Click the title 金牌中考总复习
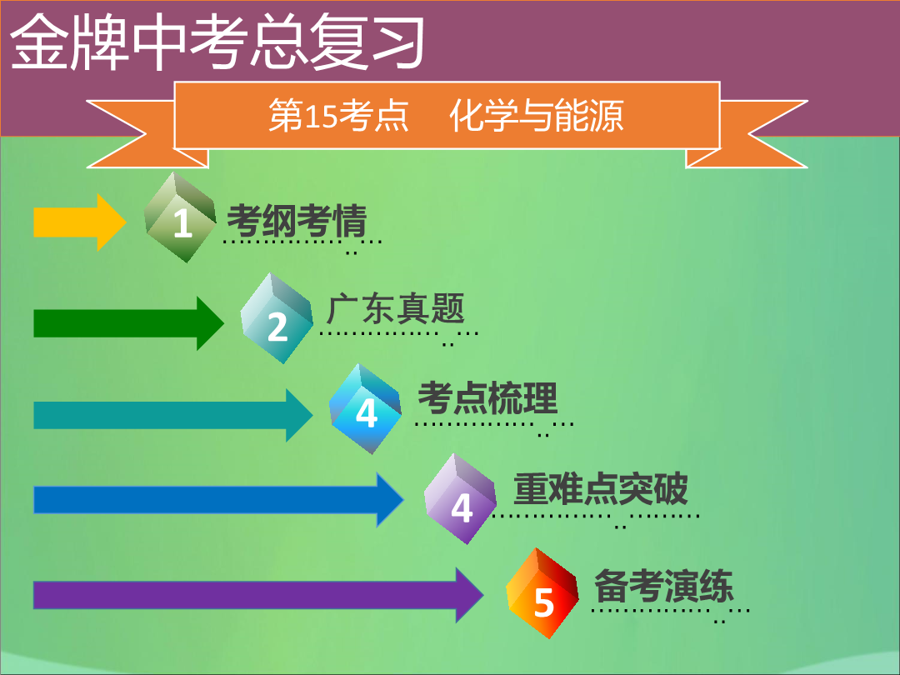click(x=217, y=42)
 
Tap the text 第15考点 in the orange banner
click(x=338, y=115)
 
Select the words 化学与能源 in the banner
click(x=536, y=115)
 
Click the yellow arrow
click(x=80, y=222)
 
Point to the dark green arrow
click(x=128, y=323)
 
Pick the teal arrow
click(x=173, y=415)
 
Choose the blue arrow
click(x=218, y=499)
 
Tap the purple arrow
click(x=258, y=595)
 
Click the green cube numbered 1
click(x=180, y=217)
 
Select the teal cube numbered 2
click(x=277, y=318)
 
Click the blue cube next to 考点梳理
click(x=366, y=408)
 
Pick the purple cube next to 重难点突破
click(x=460, y=499)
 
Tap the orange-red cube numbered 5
click(x=542, y=593)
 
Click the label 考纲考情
click(x=297, y=220)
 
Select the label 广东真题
click(x=396, y=309)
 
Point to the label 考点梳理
click(x=487, y=397)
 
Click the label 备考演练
click(x=663, y=586)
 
